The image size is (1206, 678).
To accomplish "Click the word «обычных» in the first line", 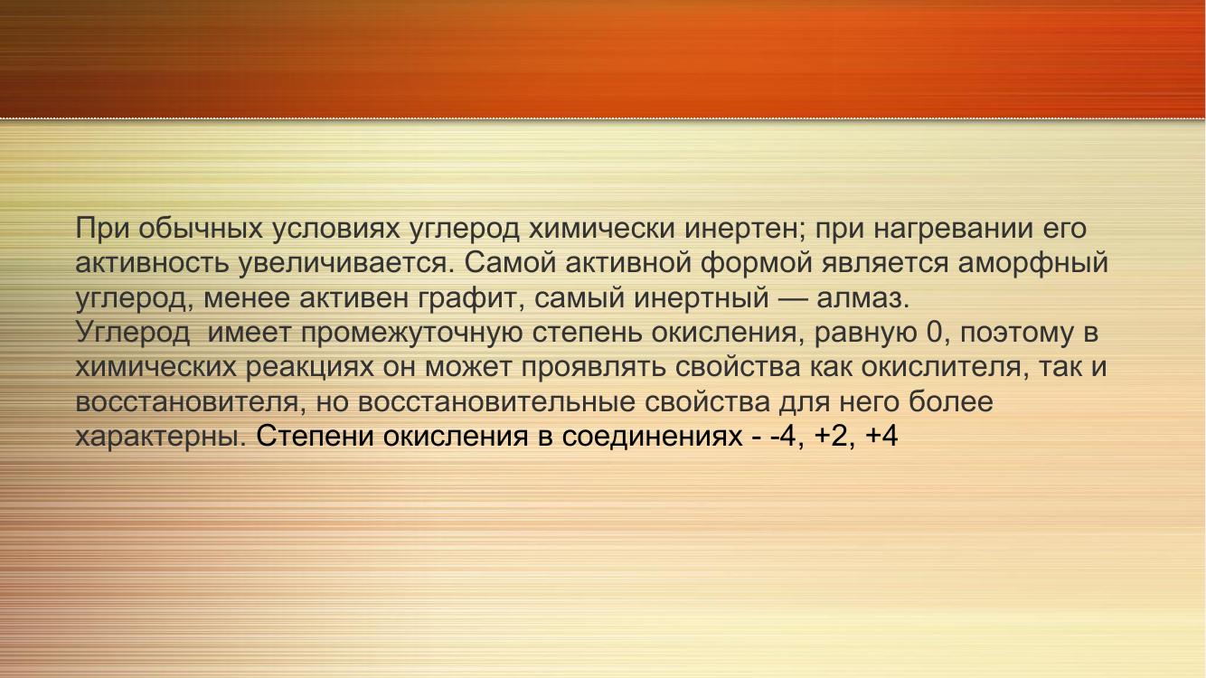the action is [x=201, y=229].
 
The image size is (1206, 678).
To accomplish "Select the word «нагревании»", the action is [x=953, y=230].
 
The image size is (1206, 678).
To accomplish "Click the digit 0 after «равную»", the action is [x=934, y=333].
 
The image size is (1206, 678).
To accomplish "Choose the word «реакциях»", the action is [x=310, y=368].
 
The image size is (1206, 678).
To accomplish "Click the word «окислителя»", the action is [x=940, y=367].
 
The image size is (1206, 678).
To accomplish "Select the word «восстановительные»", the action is [x=495, y=401].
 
